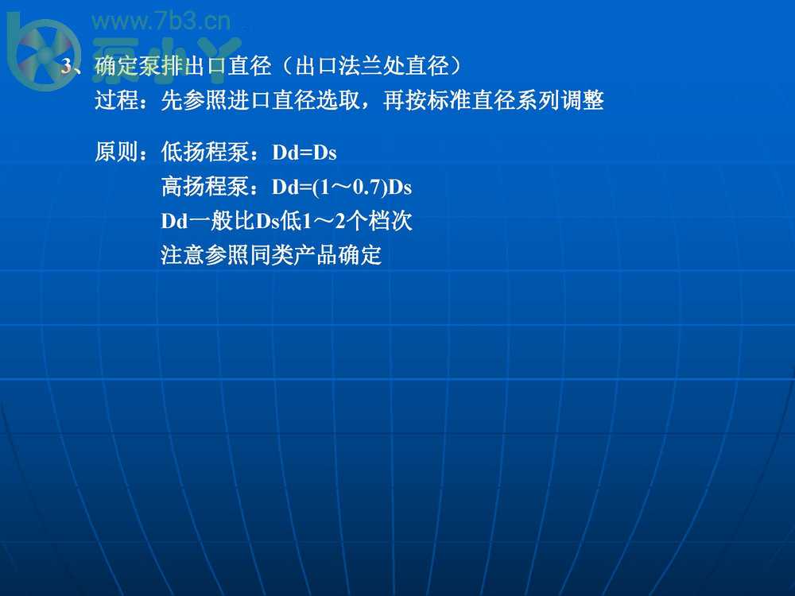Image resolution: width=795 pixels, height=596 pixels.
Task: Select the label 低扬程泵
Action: coord(205,152)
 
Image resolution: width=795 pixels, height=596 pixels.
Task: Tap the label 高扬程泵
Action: coord(205,188)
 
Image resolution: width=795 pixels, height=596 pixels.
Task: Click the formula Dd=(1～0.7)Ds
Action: coord(342,188)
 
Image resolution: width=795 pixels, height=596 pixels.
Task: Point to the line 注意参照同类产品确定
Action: coord(271,256)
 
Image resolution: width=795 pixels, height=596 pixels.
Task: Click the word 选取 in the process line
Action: coord(338,102)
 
